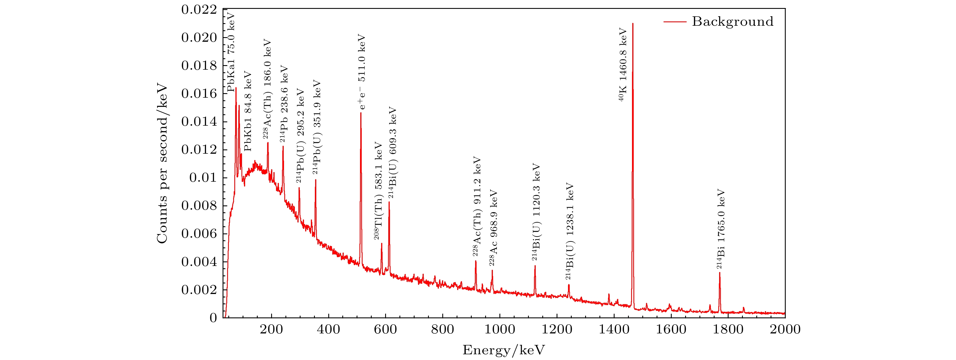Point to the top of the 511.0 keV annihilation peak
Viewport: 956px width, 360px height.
pos(361,113)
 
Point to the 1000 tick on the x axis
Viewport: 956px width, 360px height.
pos(500,329)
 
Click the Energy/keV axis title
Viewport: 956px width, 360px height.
pos(504,350)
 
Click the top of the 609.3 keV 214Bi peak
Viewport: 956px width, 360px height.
pos(389,202)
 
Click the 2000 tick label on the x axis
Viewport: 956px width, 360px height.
pos(785,329)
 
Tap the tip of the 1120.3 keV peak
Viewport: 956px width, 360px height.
pos(535,266)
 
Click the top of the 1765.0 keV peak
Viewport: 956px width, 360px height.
pos(720,273)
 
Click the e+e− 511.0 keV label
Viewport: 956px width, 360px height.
pos(362,72)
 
